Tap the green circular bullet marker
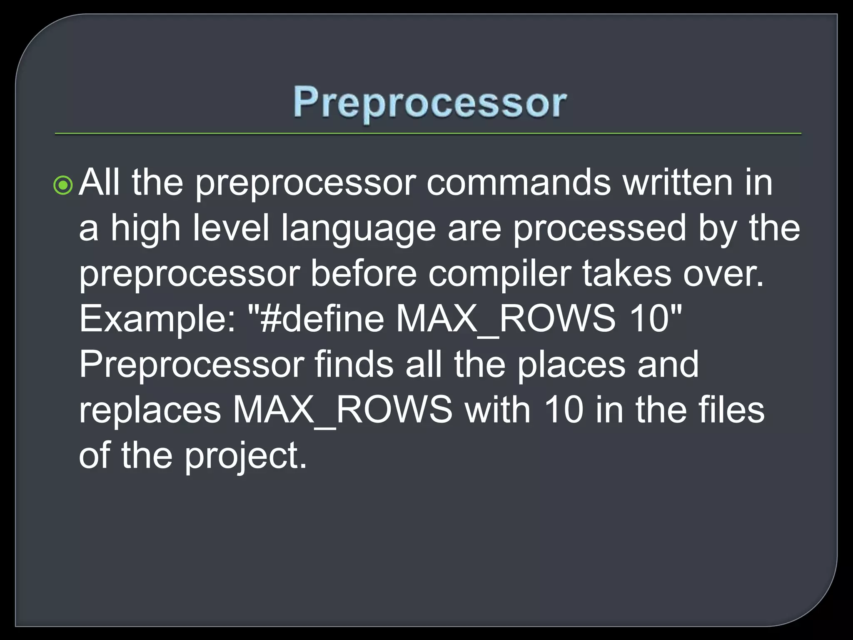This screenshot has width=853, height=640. pyautogui.click(x=63, y=185)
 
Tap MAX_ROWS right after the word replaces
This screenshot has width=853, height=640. pyautogui.click(x=342, y=410)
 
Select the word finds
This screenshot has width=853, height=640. pyautogui.click(x=354, y=365)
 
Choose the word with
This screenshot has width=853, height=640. pyautogui.click(x=498, y=410)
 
